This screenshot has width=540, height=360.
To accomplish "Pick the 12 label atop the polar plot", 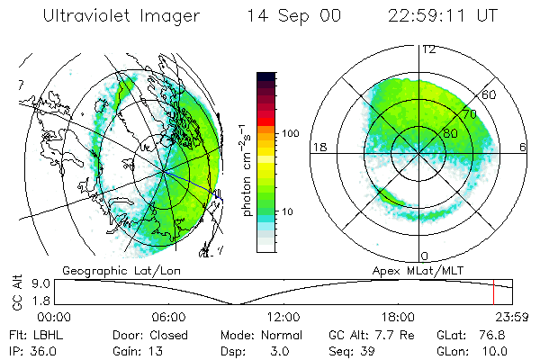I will pyautogui.click(x=428, y=49).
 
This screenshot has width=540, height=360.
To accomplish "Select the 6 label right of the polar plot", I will pyautogui.click(x=524, y=147).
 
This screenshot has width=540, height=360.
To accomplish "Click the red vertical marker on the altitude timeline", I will pyautogui.click(x=493, y=292).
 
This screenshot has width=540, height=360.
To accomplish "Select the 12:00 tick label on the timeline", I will pyautogui.click(x=283, y=317).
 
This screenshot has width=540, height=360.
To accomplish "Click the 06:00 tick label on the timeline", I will pyautogui.click(x=168, y=317).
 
